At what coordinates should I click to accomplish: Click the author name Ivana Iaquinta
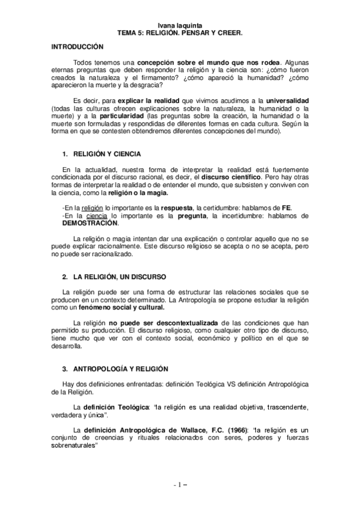pos(180,26)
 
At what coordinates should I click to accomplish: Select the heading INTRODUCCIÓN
pos(78,47)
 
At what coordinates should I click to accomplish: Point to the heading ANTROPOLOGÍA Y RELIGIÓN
pos(120,368)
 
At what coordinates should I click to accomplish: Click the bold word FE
pos(286,207)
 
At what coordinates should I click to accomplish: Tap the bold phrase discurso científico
pos(230,178)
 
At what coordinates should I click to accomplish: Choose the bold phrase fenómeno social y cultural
pos(113,307)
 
